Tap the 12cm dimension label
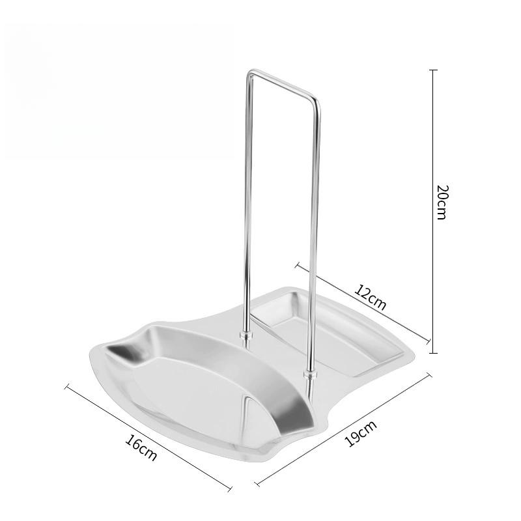(x=371, y=297)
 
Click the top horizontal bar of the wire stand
(x=283, y=85)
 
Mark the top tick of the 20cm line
(x=434, y=70)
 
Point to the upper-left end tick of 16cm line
(x=67, y=387)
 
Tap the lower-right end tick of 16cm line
(x=231, y=488)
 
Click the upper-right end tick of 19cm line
(x=430, y=374)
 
